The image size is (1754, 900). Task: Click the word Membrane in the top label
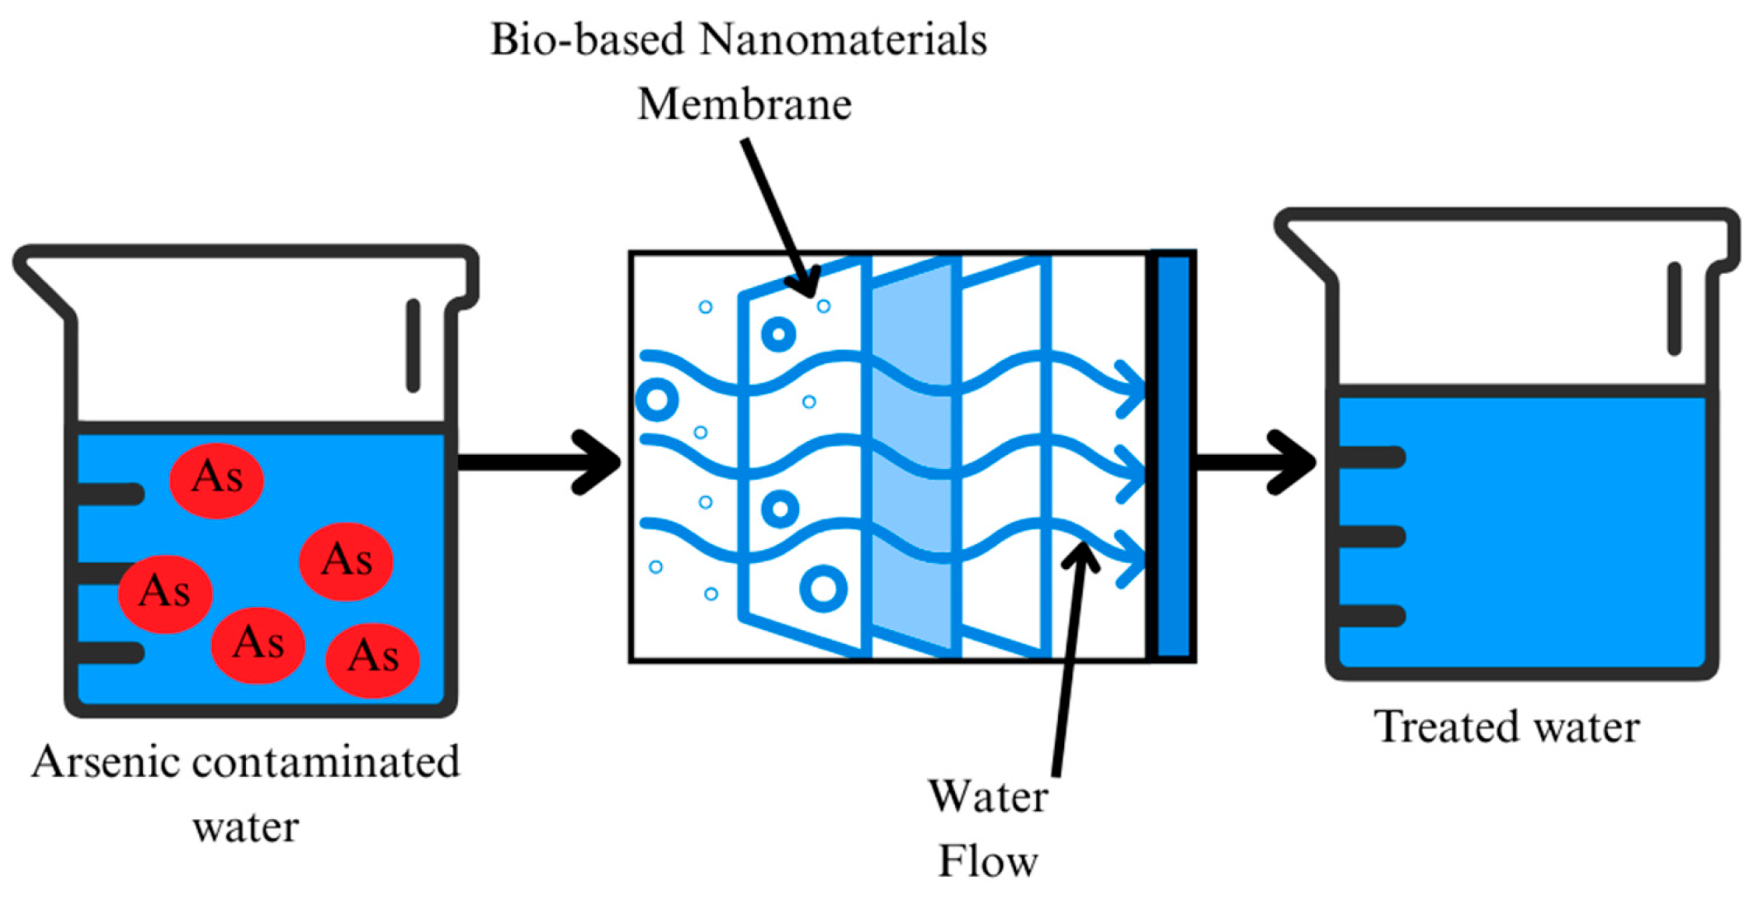744,105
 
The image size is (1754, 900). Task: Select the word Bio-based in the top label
588,40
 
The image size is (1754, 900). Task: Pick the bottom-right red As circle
373,658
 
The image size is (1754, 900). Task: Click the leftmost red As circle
165,593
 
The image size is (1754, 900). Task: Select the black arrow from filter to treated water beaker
1255,462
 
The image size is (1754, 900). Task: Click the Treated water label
1506,728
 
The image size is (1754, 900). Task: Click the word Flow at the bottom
987,862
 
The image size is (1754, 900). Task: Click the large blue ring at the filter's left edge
657,400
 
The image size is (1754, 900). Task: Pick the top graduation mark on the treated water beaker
1370,457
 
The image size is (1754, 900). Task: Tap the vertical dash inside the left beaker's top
413,345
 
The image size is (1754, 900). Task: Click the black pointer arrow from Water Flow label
1069,661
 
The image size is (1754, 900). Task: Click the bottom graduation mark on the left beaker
111,652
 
